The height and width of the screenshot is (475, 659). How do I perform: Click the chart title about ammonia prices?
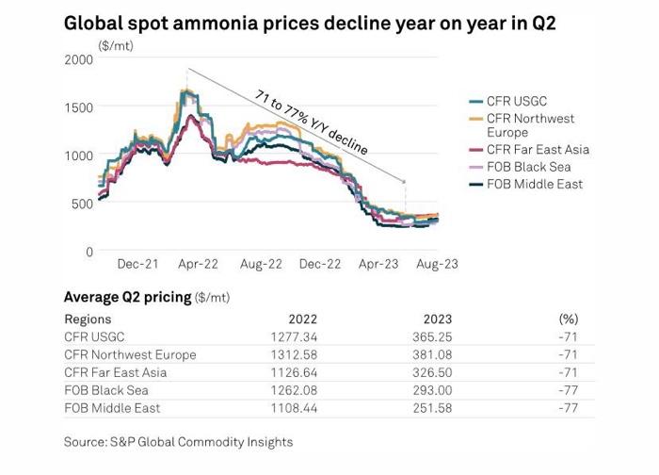[310, 22]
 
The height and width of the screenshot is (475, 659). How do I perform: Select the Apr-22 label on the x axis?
[199, 266]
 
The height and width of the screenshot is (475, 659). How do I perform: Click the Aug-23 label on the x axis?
[437, 266]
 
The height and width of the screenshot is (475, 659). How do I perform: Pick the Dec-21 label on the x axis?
[137, 266]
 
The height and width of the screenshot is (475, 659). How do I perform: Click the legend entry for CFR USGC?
[519, 102]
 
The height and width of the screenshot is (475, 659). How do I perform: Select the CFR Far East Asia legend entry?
[537, 149]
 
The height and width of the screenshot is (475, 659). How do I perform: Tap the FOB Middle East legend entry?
[533, 184]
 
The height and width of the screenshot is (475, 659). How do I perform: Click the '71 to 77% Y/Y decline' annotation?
[312, 122]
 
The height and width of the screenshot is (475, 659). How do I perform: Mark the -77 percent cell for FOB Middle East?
[568, 408]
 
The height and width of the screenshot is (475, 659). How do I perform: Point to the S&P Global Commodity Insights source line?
[178, 442]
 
